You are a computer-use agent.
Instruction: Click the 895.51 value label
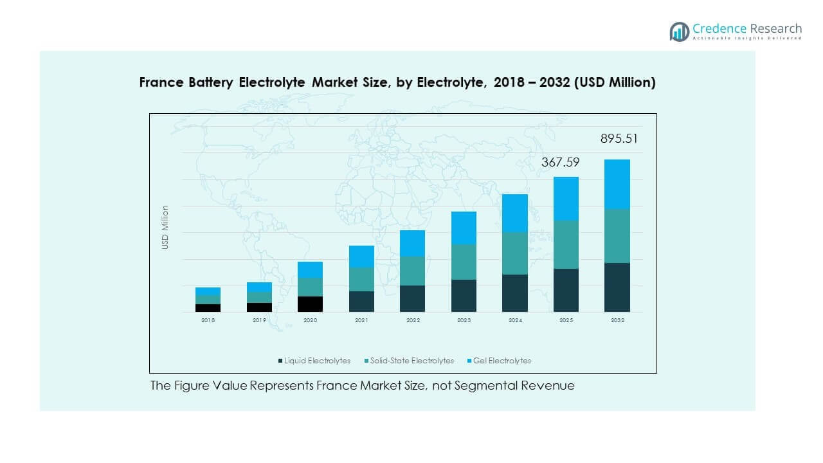(619, 139)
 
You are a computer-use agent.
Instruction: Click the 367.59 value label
(560, 163)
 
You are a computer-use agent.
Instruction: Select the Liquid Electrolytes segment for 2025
(566, 290)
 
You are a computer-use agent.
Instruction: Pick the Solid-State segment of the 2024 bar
(514, 253)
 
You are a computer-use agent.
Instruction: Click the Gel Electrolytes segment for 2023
(464, 228)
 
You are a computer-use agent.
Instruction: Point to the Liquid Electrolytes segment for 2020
(310, 304)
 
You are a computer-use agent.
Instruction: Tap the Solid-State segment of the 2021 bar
(361, 279)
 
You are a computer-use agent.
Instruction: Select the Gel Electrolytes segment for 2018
(208, 291)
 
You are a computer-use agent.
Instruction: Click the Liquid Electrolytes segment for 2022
(412, 298)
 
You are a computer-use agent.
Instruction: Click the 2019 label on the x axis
(259, 320)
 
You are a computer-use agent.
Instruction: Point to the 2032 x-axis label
(617, 320)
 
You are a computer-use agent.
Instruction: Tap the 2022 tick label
(412, 320)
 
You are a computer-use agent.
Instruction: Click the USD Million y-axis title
(165, 227)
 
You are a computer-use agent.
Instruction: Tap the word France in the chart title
(161, 82)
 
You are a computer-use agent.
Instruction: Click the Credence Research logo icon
(679, 32)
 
